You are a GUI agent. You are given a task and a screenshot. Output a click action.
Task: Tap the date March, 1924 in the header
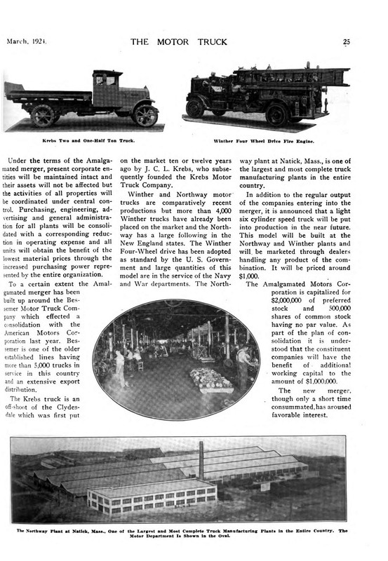point(26,41)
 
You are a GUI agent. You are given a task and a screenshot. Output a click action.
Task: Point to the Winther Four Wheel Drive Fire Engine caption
point(268,141)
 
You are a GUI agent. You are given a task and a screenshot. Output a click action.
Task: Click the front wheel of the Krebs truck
point(145,115)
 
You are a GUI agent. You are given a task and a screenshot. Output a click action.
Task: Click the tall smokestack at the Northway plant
point(201,460)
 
